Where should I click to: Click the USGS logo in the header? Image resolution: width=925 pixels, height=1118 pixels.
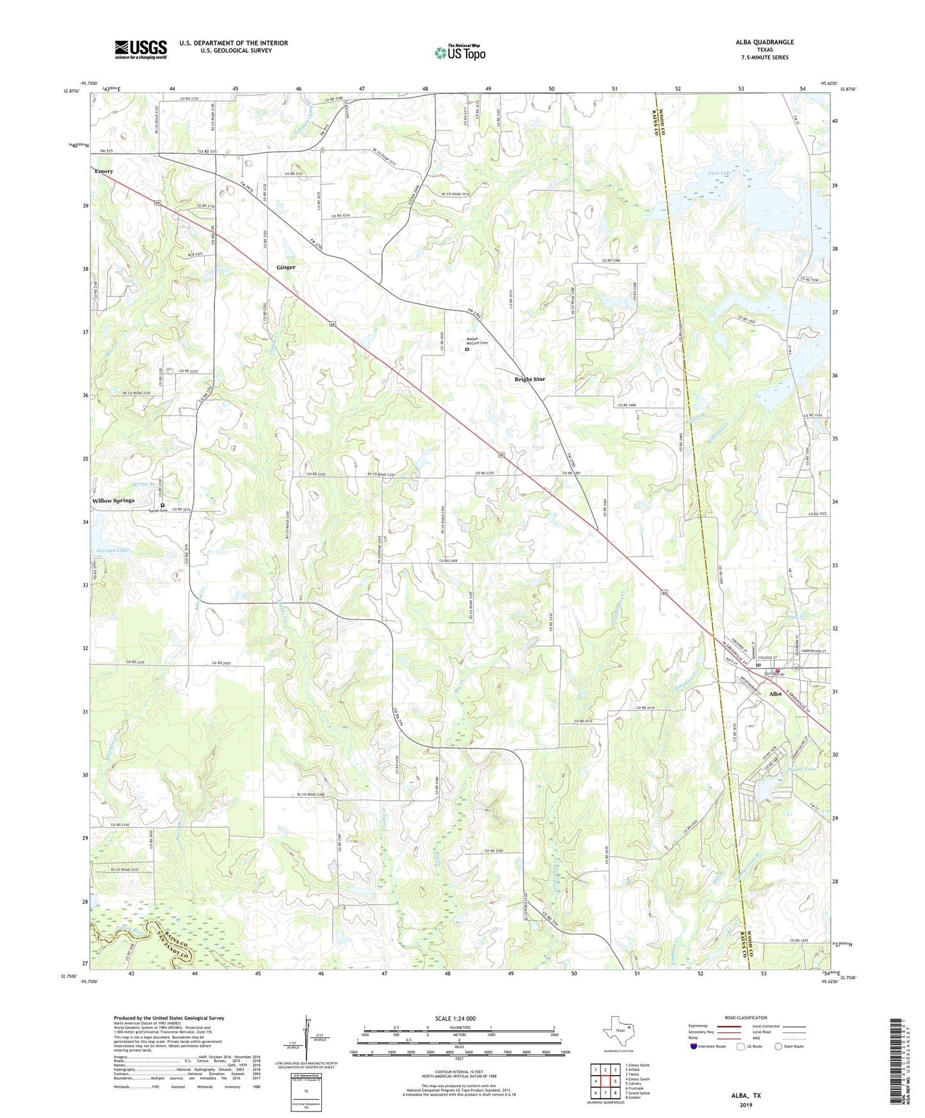click(141, 49)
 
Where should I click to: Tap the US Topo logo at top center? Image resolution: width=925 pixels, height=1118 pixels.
click(460, 53)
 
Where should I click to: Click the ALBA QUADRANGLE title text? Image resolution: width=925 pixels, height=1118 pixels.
click(764, 42)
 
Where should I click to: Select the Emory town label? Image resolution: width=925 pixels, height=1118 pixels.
click(104, 172)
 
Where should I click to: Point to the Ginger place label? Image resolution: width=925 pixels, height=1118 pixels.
click(286, 267)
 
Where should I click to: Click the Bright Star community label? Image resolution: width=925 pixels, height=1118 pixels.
click(529, 379)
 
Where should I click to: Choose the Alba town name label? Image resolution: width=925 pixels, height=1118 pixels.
click(775, 693)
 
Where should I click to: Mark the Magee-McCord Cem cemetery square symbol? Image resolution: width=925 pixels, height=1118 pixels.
click(467, 350)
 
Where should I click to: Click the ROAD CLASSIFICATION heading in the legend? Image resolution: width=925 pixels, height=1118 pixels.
click(745, 1017)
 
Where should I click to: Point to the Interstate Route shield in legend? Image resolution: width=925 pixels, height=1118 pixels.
click(695, 1046)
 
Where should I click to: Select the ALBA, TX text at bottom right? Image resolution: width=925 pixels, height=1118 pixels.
click(746, 1096)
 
